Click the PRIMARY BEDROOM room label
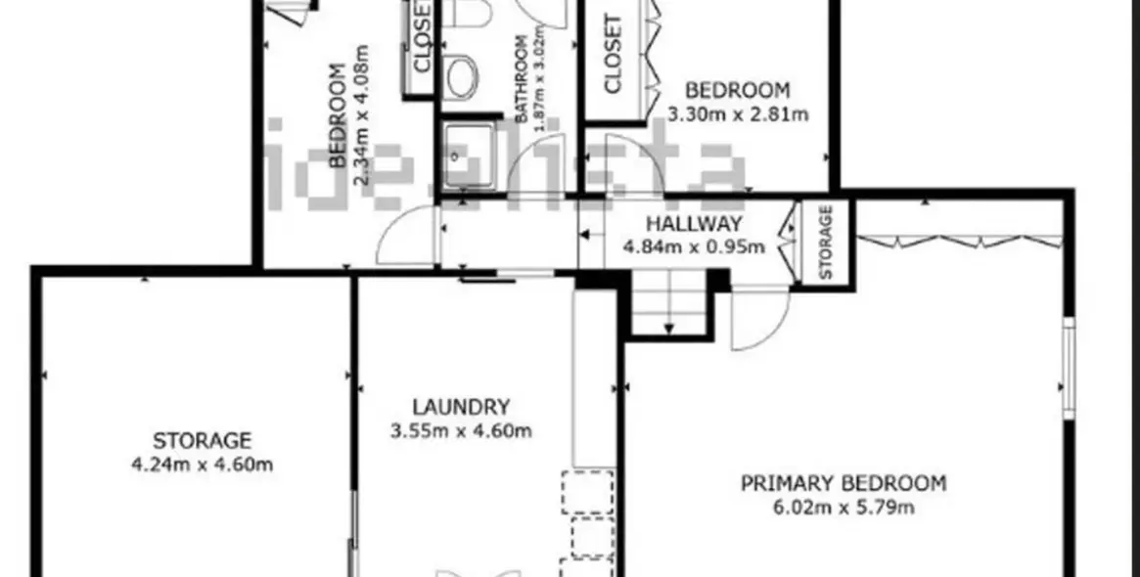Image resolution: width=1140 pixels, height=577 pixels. point(843,483)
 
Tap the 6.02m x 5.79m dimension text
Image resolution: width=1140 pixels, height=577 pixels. point(843,507)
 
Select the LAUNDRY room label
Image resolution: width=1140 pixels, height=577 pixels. point(461,407)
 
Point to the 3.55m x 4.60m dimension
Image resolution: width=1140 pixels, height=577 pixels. point(461,430)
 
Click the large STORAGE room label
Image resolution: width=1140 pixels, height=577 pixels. point(202,441)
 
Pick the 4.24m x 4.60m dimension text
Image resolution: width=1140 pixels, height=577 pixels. point(202,465)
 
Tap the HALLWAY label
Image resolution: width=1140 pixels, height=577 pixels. point(694,224)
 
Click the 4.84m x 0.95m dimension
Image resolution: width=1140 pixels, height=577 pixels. point(694,246)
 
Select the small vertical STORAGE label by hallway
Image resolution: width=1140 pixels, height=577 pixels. point(826,242)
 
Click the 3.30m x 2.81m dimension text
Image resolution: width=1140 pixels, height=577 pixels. point(737,113)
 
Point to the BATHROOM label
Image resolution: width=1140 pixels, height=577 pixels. point(522,83)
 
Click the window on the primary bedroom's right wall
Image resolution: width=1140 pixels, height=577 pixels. point(1069,368)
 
